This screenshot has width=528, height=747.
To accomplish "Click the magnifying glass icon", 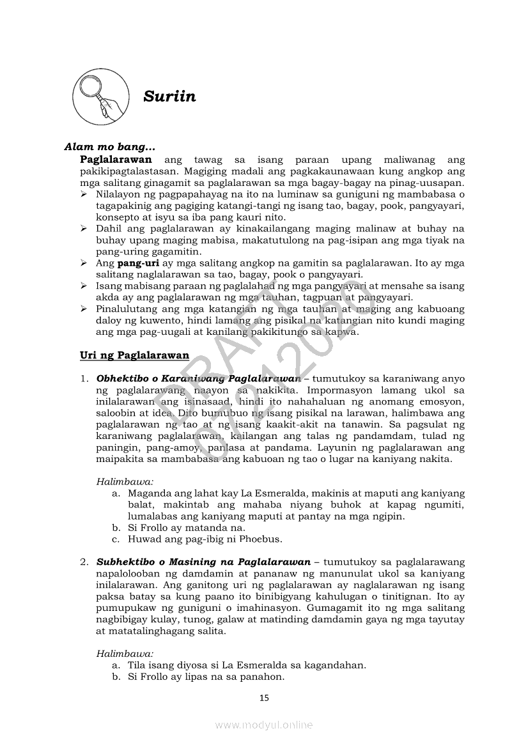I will tap(98, 97).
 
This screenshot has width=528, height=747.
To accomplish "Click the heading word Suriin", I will tap(169, 96).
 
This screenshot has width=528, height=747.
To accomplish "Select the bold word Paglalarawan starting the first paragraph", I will tap(116, 159).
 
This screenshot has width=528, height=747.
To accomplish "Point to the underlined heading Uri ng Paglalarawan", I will tap(134, 355).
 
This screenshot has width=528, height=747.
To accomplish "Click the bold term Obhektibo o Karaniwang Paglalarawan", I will tap(198, 378).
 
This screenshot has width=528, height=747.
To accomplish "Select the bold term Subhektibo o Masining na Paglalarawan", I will tap(203, 562).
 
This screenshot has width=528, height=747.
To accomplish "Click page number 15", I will tap(264, 698).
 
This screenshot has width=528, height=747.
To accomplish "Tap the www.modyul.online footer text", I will tap(264, 725).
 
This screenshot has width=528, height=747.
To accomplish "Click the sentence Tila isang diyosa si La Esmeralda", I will tap(247, 665).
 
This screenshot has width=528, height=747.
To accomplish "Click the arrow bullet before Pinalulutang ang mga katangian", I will tap(84, 309).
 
